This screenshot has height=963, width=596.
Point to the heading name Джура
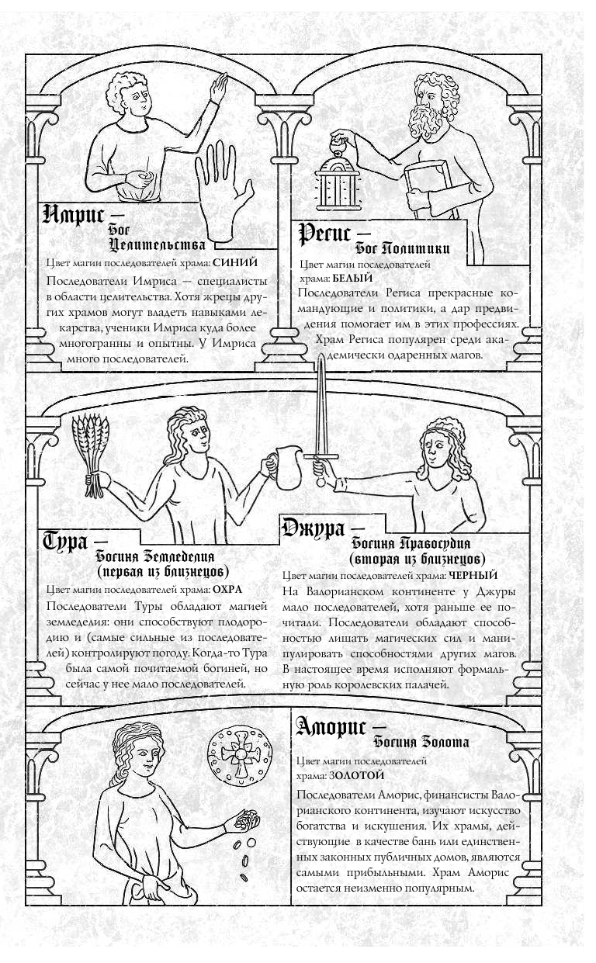[x=314, y=529]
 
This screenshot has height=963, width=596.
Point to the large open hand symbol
[x=223, y=189]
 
